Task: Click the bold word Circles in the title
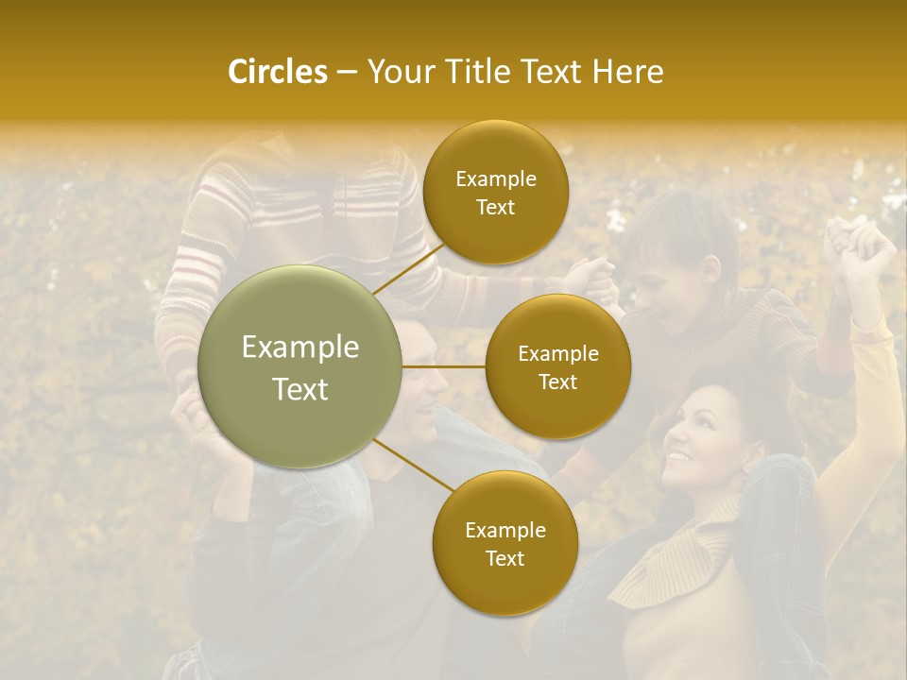(278, 72)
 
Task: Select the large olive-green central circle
(300, 366)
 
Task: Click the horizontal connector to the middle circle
(443, 365)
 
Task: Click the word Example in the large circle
(300, 348)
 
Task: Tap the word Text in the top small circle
(495, 208)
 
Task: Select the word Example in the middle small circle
(558, 354)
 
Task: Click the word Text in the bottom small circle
(505, 559)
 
